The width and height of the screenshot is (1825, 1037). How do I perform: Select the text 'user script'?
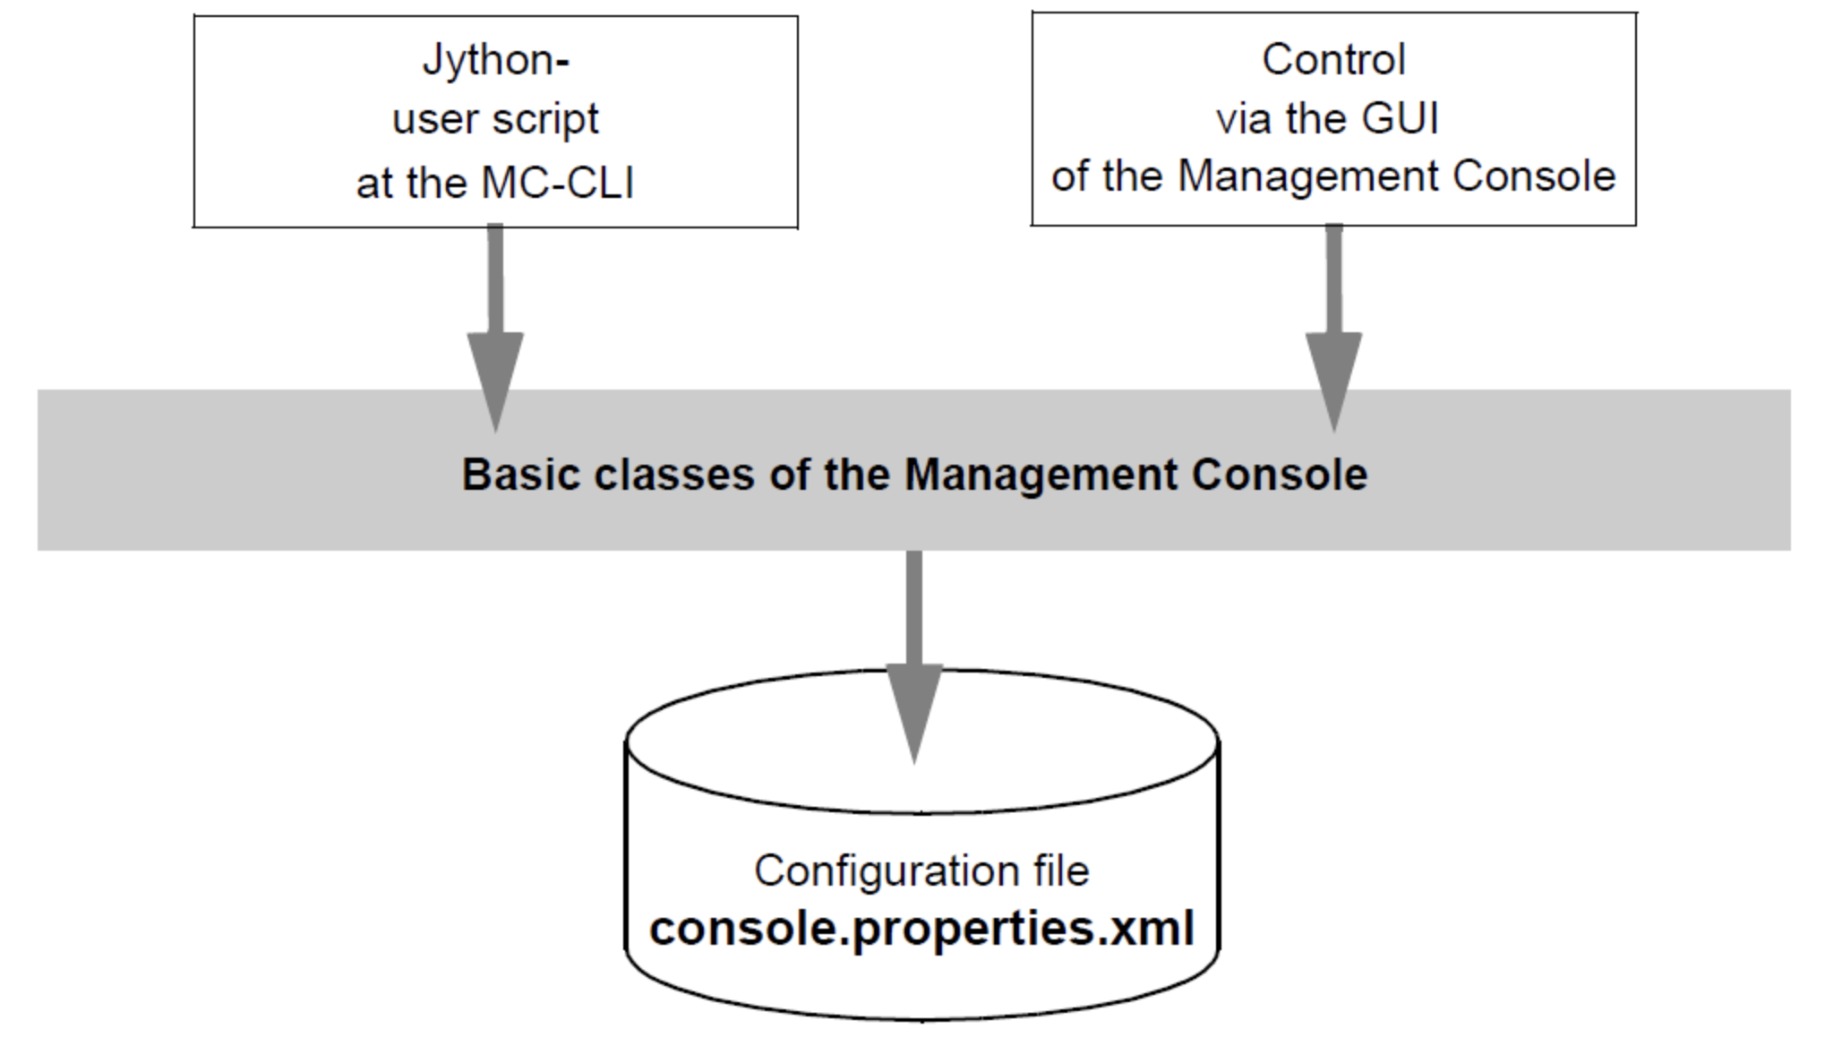coord(495,120)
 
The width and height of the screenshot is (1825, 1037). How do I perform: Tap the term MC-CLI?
coord(557,183)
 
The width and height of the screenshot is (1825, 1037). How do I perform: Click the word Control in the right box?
coord(1333,60)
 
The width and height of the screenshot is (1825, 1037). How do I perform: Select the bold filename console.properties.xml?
coord(921,929)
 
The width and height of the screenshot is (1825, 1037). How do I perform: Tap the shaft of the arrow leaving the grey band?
coord(914,608)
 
